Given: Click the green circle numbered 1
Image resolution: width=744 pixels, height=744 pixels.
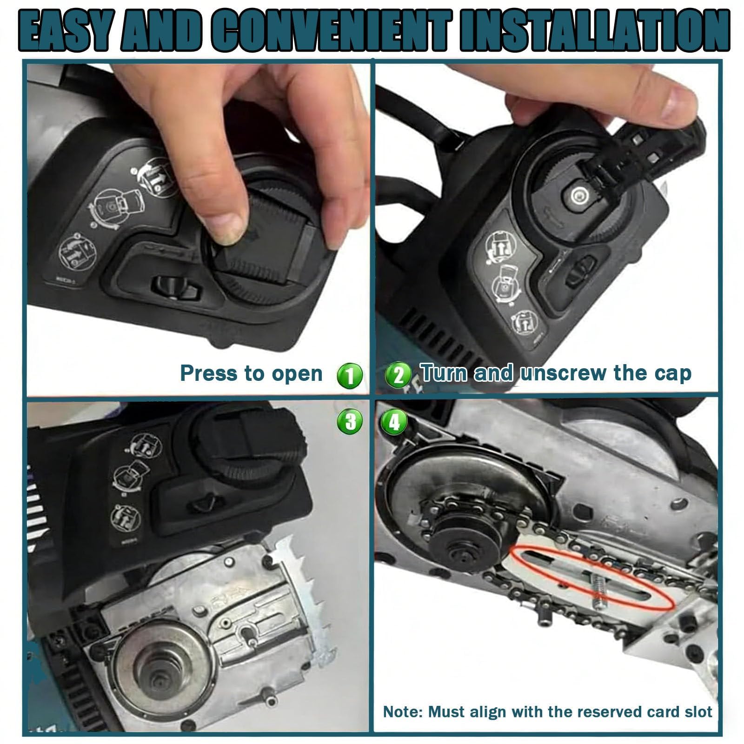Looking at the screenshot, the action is tap(350, 375).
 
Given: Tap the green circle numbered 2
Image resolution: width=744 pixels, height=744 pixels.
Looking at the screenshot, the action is tap(399, 374).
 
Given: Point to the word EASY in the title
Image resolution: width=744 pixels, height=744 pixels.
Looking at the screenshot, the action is tap(69, 31).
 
